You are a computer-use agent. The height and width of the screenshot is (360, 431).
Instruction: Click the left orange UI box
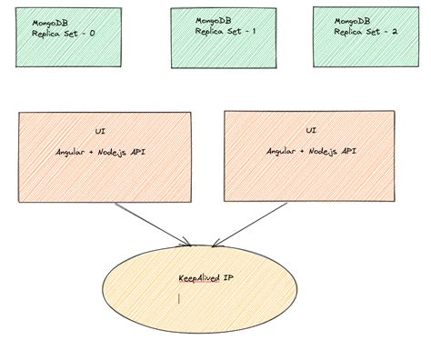107,156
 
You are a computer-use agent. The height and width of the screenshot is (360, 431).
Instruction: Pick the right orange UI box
311,156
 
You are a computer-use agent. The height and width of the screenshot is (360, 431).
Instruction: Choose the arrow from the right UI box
246,224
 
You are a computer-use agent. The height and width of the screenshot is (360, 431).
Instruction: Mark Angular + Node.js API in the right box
311,151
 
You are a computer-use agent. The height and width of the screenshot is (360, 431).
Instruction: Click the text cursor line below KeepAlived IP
180,296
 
